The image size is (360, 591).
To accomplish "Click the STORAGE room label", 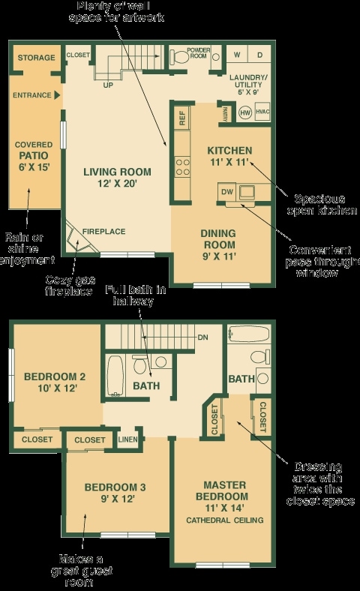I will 36,58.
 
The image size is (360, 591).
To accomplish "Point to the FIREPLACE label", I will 104,231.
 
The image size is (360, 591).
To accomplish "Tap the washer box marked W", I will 237,55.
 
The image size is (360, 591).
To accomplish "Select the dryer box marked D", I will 259,55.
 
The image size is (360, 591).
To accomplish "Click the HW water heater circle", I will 244,112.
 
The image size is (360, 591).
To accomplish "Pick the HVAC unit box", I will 262,112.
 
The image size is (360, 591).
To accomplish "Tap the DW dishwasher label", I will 227,193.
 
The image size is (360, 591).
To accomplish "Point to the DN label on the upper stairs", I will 202,337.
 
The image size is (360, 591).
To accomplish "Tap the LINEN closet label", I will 127,439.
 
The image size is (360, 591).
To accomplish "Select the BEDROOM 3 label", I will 115,493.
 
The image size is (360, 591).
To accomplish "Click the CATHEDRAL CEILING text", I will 224,520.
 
